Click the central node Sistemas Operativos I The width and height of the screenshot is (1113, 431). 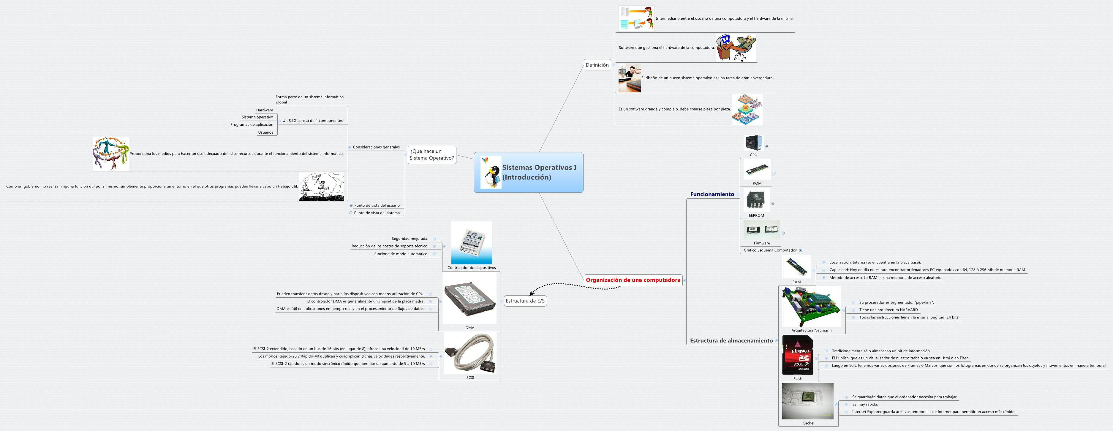[x=539, y=172]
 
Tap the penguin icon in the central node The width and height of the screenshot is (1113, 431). [x=491, y=175]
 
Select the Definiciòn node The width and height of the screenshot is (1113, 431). [x=597, y=65]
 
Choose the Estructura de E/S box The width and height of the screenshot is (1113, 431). [x=525, y=301]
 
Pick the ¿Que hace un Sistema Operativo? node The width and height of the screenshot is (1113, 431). [x=432, y=155]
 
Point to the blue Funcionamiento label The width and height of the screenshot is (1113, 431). [x=712, y=194]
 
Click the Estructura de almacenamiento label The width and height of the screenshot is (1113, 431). [x=731, y=341]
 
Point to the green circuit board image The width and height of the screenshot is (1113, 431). [x=811, y=307]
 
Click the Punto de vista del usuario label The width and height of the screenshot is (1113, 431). [x=377, y=205]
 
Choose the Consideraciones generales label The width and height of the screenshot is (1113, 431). [x=376, y=147]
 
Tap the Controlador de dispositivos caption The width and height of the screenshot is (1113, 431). [x=471, y=268]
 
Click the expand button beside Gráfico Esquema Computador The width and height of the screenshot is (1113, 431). [x=800, y=250]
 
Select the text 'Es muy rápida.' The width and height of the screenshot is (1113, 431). [x=864, y=405]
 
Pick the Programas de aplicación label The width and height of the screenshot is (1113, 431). [x=252, y=124]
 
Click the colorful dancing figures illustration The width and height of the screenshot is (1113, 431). [x=110, y=154]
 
